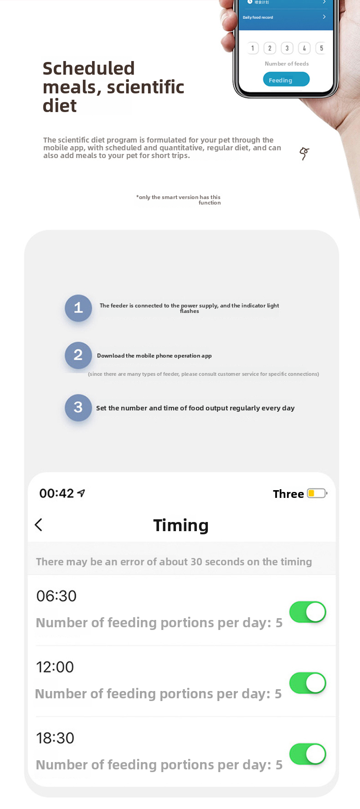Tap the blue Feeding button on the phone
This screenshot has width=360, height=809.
[x=286, y=80]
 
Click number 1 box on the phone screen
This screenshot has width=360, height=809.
[x=252, y=48]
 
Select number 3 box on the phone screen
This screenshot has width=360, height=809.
[x=287, y=48]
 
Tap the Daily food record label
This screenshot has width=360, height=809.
[x=258, y=17]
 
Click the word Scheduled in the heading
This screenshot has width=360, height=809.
[x=88, y=68]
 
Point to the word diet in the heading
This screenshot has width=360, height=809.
[x=60, y=106]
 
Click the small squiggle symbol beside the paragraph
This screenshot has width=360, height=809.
[x=304, y=154]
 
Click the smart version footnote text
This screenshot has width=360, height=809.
[x=178, y=200]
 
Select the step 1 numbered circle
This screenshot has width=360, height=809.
[x=78, y=308]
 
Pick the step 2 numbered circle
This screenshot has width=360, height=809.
[x=78, y=355]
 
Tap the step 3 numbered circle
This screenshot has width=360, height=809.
[x=78, y=407]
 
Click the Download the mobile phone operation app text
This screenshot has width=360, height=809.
[x=154, y=356]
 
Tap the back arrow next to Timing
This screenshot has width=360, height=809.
[x=39, y=525]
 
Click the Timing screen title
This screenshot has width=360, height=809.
[x=181, y=525]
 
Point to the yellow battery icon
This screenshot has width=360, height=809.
[x=317, y=493]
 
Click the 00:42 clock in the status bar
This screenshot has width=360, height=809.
[x=57, y=493]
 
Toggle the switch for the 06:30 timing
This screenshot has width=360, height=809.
[x=308, y=612]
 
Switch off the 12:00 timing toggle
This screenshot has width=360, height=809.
[x=308, y=683]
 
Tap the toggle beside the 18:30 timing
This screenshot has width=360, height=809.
[x=308, y=754]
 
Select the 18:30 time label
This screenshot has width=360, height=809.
[x=55, y=738]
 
